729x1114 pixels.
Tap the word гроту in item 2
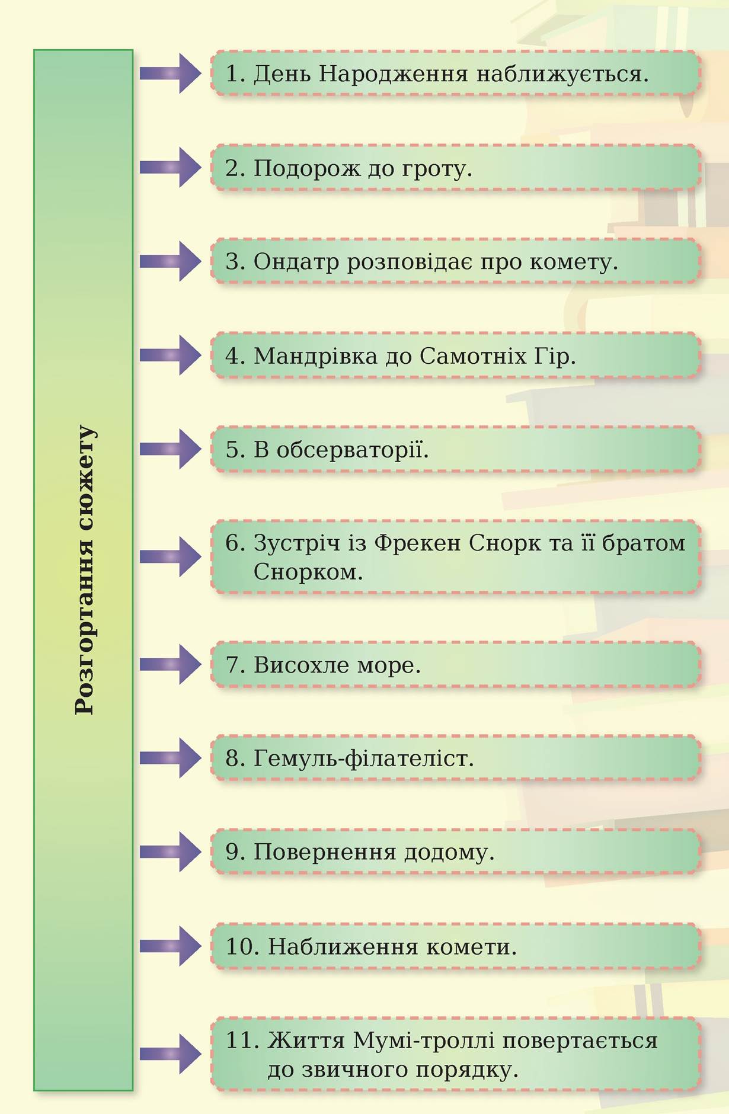436,169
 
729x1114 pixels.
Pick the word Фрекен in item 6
417,543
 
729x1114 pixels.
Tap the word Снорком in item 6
307,572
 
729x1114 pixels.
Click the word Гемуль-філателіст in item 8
363,758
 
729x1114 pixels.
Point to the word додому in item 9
448,853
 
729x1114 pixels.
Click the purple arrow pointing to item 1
170,73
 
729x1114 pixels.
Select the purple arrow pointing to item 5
170,449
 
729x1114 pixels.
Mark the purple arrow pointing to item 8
170,758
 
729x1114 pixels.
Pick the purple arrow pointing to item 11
170,1054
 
